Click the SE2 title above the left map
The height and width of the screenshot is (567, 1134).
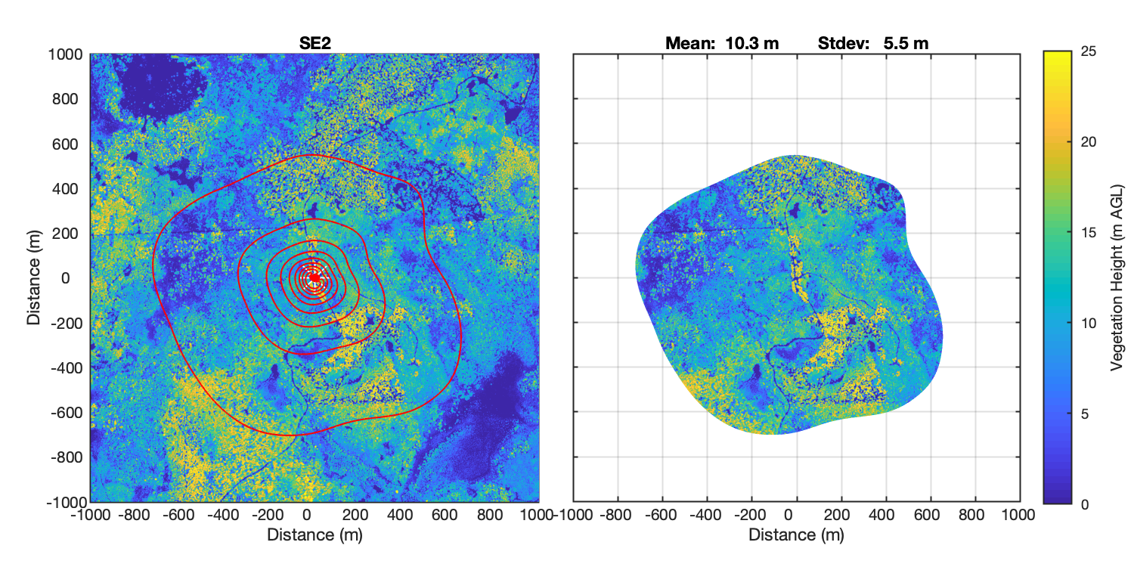pyautogui.click(x=314, y=44)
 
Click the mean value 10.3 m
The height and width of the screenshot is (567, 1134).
pyautogui.click(x=751, y=44)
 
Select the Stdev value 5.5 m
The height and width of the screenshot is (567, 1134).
pyautogui.click(x=906, y=44)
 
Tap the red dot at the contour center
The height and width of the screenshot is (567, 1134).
pyautogui.click(x=314, y=277)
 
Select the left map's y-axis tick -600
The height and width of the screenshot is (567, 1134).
pyautogui.click(x=67, y=412)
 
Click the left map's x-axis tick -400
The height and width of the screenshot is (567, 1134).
pyautogui.click(x=224, y=515)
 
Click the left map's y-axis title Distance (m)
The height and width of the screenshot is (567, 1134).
pyautogui.click(x=34, y=277)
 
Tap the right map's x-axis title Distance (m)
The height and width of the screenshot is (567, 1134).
pyautogui.click(x=796, y=534)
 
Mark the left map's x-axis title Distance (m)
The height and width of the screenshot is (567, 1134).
pyautogui.click(x=314, y=534)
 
